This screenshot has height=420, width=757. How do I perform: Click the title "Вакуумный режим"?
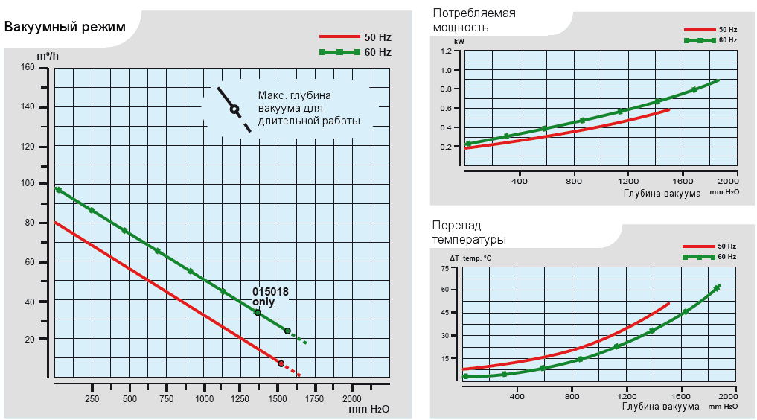(x=65, y=28)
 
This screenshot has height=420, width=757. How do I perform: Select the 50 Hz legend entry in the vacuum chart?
(x=355, y=36)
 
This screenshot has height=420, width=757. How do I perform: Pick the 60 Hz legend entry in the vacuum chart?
(x=355, y=52)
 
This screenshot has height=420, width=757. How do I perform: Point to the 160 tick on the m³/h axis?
(x=28, y=68)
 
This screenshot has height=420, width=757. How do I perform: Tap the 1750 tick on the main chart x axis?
(x=314, y=399)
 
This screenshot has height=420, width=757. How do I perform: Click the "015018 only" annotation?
(x=270, y=297)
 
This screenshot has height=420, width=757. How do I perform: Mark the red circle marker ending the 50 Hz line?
(x=281, y=363)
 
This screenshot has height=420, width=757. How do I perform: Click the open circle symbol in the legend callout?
(x=234, y=109)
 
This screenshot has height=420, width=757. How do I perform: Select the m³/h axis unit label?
(x=48, y=56)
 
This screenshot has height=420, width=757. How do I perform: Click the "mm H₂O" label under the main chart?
(x=368, y=410)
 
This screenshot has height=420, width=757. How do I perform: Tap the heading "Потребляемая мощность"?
(x=473, y=20)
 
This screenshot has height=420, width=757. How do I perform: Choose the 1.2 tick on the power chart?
(x=446, y=51)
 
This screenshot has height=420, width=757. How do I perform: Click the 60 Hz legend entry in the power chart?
(x=711, y=40)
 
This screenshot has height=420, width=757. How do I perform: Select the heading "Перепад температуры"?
(x=469, y=232)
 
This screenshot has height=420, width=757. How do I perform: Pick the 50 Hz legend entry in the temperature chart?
(x=711, y=246)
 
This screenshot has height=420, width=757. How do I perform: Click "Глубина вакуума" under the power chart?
(x=661, y=194)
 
